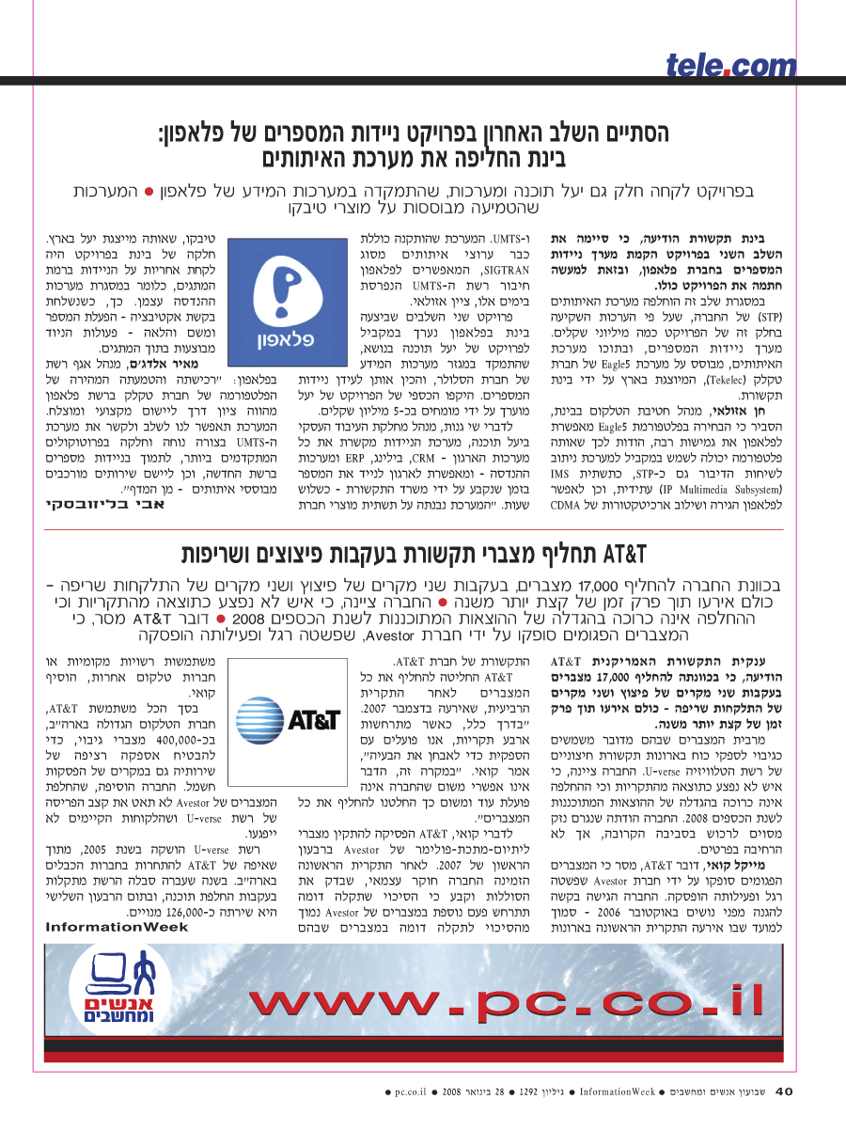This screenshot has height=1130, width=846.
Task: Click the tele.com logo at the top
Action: coord(731,65)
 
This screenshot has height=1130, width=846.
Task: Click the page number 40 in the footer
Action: coord(785,1091)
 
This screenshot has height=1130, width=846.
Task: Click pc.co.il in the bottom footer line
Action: coord(412,1092)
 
